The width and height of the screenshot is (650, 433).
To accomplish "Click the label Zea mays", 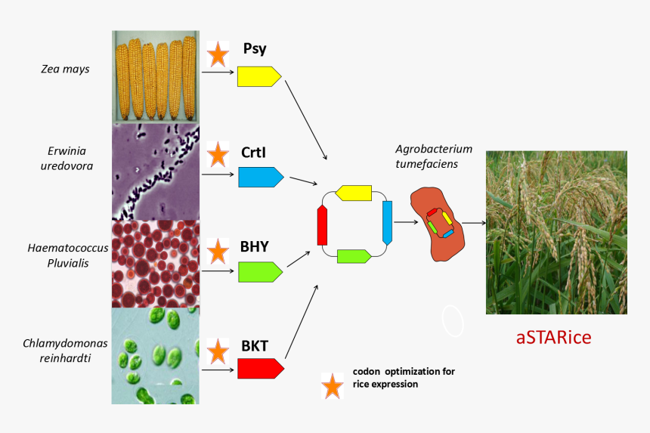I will point(65,70).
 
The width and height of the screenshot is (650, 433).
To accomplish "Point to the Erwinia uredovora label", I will point(67,159).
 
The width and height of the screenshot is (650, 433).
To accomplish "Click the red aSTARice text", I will point(553,337).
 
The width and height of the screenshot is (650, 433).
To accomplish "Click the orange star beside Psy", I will point(218,54).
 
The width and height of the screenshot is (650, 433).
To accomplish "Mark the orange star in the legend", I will point(331,385).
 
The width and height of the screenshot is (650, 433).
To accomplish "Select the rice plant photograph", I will point(556,232).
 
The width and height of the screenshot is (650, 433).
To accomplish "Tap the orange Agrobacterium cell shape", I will point(437,224).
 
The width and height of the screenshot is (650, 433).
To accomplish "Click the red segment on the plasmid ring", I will point(322,225).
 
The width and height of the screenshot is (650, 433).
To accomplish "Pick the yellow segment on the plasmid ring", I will point(353,193).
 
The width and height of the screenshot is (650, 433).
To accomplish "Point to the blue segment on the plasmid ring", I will point(388,222).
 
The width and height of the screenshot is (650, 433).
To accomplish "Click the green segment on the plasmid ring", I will point(353,256).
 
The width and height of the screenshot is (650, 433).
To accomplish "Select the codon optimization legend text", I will point(404,378).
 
